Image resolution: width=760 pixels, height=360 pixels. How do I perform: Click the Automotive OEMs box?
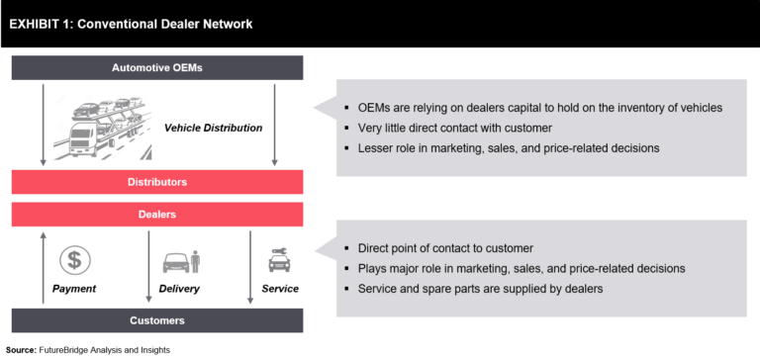(157, 68)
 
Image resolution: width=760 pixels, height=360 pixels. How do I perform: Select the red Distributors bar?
(157, 182)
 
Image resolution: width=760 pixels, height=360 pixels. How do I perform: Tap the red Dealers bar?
(157, 215)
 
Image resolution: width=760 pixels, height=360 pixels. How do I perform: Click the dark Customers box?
(157, 320)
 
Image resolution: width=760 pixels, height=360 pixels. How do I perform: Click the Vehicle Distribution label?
(213, 128)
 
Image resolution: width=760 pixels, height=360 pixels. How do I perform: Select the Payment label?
(74, 289)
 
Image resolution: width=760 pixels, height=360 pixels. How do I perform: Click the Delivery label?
(179, 289)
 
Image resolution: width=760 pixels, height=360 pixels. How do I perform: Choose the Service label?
(280, 289)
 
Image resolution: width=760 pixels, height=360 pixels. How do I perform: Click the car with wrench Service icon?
(279, 260)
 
